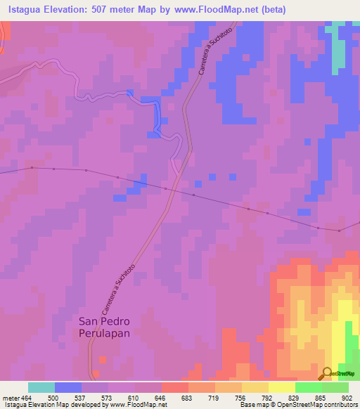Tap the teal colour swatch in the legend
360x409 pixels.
point(41,387)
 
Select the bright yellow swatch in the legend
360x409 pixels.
point(281,387)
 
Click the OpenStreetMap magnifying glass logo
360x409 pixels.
point(327,373)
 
